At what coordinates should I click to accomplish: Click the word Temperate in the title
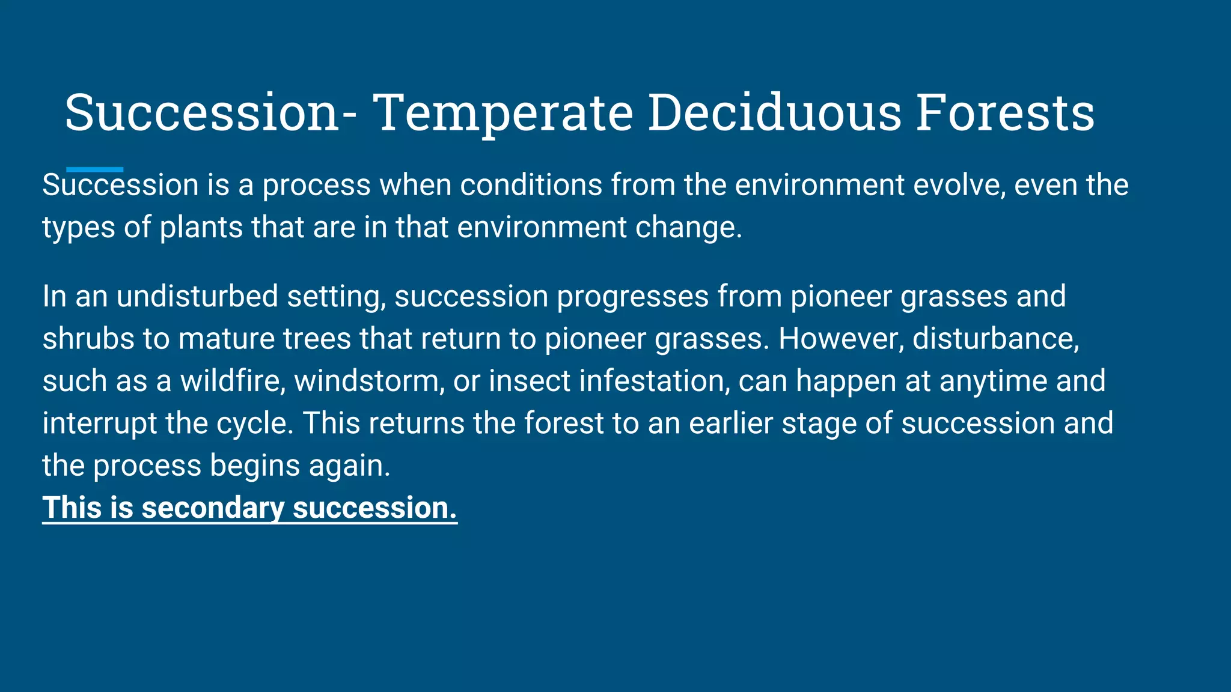pyautogui.click(x=502, y=113)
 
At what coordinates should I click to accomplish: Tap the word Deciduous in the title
pyautogui.click(x=774, y=113)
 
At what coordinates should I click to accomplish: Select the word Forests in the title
pyautogui.click(x=1004, y=113)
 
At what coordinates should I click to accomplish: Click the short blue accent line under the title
pyautogui.click(x=94, y=169)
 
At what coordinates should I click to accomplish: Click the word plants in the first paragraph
pyautogui.click(x=201, y=228)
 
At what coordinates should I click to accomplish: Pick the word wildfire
pyautogui.click(x=233, y=381)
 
